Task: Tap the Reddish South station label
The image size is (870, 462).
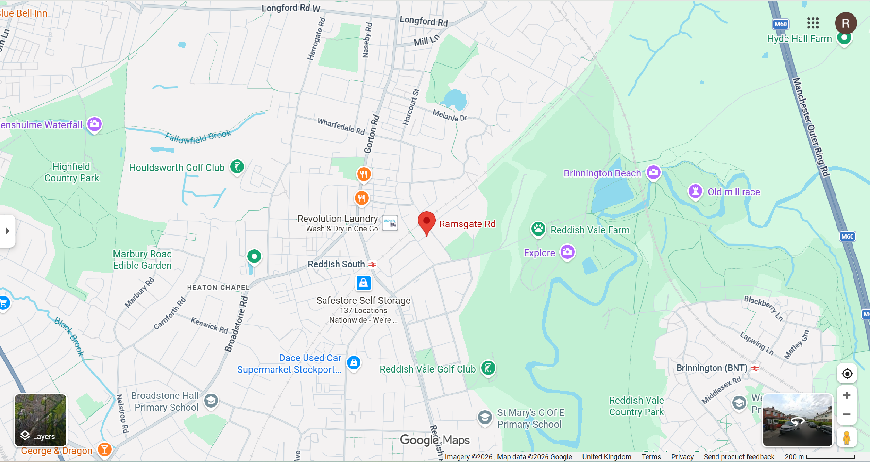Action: point(336,264)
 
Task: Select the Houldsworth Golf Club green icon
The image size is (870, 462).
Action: point(237,167)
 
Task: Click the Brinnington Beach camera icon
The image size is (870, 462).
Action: point(654,172)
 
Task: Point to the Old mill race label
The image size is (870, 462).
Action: point(734,192)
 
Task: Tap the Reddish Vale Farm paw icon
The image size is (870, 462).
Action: point(538,229)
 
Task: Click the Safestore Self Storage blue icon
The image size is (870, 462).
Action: point(363,283)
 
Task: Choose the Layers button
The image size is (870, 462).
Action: point(40,420)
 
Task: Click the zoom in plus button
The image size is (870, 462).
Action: point(847,395)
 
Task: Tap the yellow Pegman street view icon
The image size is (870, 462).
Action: point(847,438)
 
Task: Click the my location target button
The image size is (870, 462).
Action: point(847,374)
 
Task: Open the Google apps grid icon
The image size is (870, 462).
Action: point(813,23)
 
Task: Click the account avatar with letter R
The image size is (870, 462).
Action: point(845,23)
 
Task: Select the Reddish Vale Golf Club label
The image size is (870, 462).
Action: point(427,369)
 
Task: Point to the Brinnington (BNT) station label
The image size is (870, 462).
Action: point(712,368)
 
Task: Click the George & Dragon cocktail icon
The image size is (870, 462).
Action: point(104,449)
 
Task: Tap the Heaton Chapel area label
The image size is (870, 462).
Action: point(218,288)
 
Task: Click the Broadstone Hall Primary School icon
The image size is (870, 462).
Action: point(211,401)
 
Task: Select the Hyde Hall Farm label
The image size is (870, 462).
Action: point(799,39)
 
